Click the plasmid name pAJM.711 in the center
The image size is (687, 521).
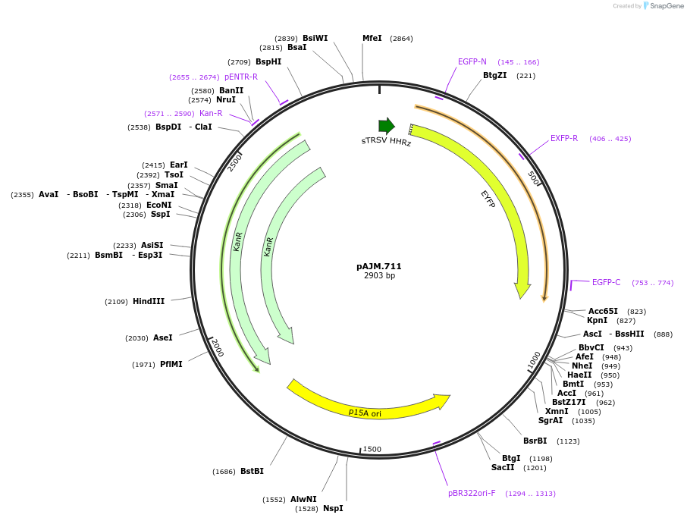(379, 266)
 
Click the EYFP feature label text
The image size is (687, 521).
(488, 199)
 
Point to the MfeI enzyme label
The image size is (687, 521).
(372, 38)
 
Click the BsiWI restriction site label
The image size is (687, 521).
(315, 38)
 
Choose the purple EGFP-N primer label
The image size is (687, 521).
(472, 61)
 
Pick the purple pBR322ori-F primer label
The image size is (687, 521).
(472, 493)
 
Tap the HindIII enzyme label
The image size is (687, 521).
(149, 301)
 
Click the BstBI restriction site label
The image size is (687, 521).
(252, 471)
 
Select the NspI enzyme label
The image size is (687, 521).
(333, 508)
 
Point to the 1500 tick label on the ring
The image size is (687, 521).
(372, 449)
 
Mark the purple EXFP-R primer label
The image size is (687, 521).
(564, 138)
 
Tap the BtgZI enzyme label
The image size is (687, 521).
(495, 75)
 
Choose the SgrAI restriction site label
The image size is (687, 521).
(551, 420)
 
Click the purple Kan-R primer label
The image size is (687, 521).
(211, 113)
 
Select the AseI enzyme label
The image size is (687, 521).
(163, 337)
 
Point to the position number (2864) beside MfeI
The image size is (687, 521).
(401, 38)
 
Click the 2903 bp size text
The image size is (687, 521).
(379, 276)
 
